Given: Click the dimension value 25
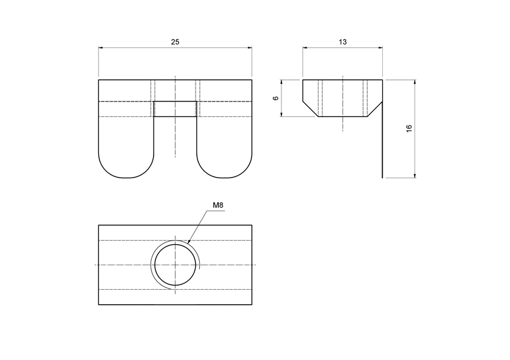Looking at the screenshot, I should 175,42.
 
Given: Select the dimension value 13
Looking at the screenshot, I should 343,42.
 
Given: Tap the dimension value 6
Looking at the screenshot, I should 275,98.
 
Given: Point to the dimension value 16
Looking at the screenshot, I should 409,128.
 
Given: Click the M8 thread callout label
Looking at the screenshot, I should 218,206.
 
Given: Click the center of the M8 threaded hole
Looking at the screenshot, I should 175,265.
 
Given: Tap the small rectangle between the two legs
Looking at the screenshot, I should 175,109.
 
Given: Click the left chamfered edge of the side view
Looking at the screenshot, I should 310,109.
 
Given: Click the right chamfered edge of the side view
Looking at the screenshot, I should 375,109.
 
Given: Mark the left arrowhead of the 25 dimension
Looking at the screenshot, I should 101,48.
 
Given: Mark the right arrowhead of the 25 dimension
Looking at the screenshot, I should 250,48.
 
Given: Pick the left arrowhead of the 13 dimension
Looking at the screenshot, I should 305,48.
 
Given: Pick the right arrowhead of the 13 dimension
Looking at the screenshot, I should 380,48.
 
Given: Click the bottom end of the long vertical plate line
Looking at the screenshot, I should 382,177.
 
